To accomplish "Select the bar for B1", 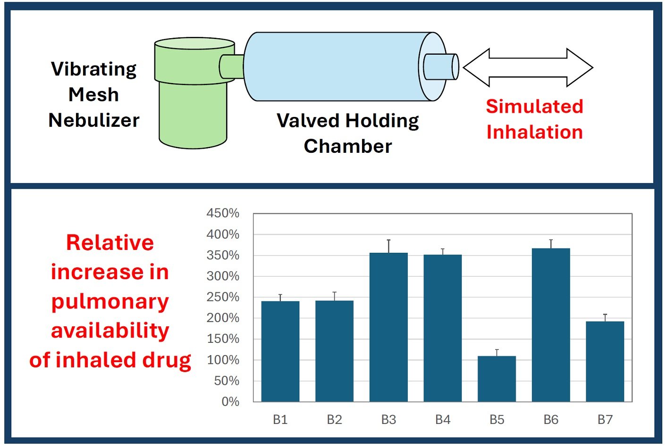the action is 280,351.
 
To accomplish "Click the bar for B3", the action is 388,327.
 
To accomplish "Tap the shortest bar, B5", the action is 497,379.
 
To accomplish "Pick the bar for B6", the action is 551,325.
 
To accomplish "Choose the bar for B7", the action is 605,361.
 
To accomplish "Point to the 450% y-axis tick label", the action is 223,213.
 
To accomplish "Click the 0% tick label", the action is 230,402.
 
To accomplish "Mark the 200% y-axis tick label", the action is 223,318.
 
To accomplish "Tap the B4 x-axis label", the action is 443,420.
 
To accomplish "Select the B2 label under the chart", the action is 334,420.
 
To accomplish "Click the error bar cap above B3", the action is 388,240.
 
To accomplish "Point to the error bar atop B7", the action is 605,318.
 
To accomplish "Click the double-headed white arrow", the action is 528,67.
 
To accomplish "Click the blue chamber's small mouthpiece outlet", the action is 441,66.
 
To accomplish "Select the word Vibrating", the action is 94,69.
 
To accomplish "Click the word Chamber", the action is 348,146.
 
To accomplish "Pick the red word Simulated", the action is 534,106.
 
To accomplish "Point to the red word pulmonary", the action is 110,302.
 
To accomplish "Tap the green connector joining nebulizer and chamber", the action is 232,66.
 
